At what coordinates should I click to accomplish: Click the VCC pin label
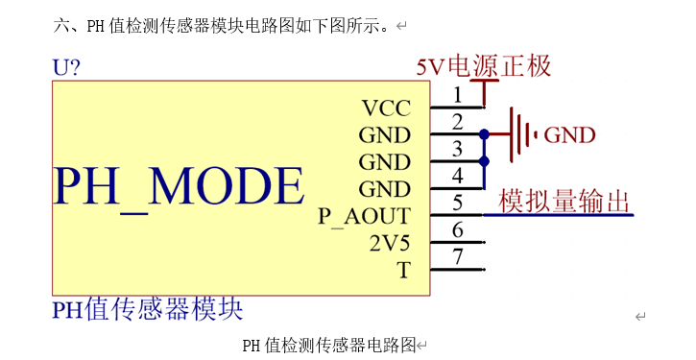coord(386,108)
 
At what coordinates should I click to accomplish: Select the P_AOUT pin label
coord(364,216)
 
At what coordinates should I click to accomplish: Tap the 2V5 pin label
coord(390,243)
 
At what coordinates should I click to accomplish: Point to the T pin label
coord(404,271)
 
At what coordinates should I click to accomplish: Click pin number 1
coord(458,94)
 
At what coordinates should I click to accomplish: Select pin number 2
coord(458,121)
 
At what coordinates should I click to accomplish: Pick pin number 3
coord(458,148)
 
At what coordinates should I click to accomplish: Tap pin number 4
coord(458,175)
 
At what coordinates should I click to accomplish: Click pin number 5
coord(458,203)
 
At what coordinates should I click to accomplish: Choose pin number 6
coord(458,229)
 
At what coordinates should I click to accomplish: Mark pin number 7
coord(458,256)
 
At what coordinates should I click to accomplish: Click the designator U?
coord(66,67)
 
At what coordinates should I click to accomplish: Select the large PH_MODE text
coord(179,185)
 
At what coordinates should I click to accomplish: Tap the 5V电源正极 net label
coord(483,66)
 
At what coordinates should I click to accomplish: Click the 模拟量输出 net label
coord(564,202)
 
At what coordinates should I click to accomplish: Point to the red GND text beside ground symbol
coord(569,135)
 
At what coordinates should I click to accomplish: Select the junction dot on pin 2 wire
coord(485,134)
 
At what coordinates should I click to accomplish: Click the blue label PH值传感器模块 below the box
coord(147,309)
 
